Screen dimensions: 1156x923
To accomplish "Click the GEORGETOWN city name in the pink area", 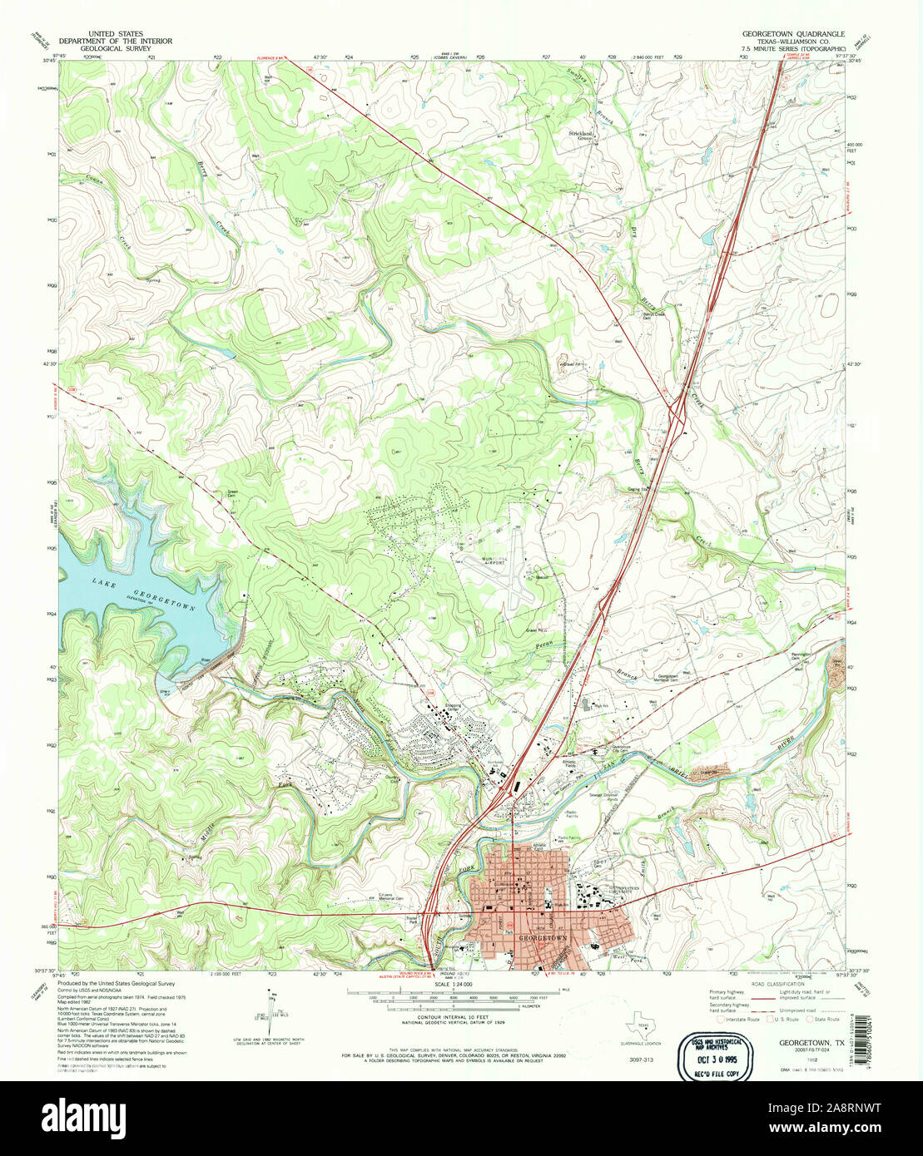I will pyautogui.click(x=543, y=937).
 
